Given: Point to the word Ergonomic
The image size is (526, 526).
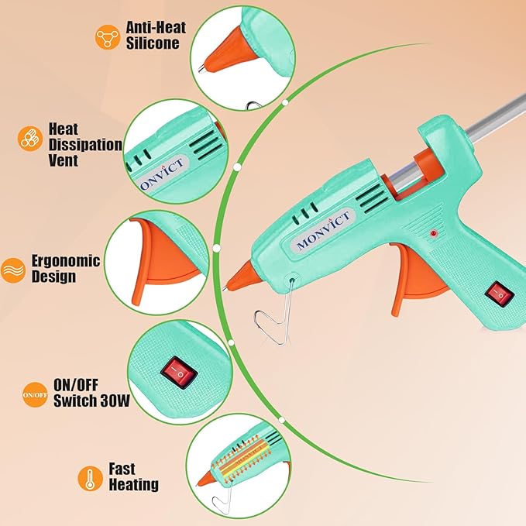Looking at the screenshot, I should [x=66, y=261].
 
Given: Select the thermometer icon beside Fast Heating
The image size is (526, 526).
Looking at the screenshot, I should [x=89, y=477].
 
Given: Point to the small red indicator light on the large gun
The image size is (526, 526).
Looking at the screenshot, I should [x=435, y=232].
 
